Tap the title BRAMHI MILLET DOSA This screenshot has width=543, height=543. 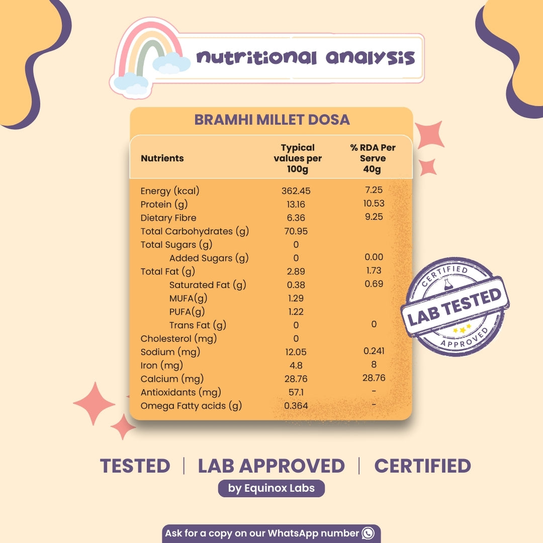click(x=272, y=120)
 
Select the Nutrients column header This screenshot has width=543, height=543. click(x=162, y=158)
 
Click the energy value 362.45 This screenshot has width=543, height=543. click(x=296, y=191)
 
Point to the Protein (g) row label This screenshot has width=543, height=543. click(x=163, y=205)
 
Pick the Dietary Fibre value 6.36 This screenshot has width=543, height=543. click(x=296, y=218)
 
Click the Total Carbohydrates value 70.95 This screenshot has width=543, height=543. click(x=296, y=232)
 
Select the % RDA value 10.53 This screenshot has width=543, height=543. click(x=374, y=204)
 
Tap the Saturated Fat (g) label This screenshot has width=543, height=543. click(x=208, y=285)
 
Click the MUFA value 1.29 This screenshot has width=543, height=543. click(x=296, y=299)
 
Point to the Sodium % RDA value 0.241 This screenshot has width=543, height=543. click(x=374, y=351)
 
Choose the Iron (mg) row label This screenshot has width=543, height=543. click(x=161, y=366)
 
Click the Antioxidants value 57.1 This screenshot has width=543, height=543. click(x=296, y=393)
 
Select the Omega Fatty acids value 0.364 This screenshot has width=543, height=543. click(x=296, y=406)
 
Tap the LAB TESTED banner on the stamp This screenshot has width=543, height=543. click(x=455, y=306)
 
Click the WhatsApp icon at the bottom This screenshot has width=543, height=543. click(x=369, y=533)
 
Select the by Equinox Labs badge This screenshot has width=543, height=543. click(x=271, y=489)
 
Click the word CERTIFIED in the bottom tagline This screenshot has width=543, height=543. click(x=422, y=466)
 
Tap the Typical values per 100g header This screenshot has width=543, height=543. click(x=298, y=158)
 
